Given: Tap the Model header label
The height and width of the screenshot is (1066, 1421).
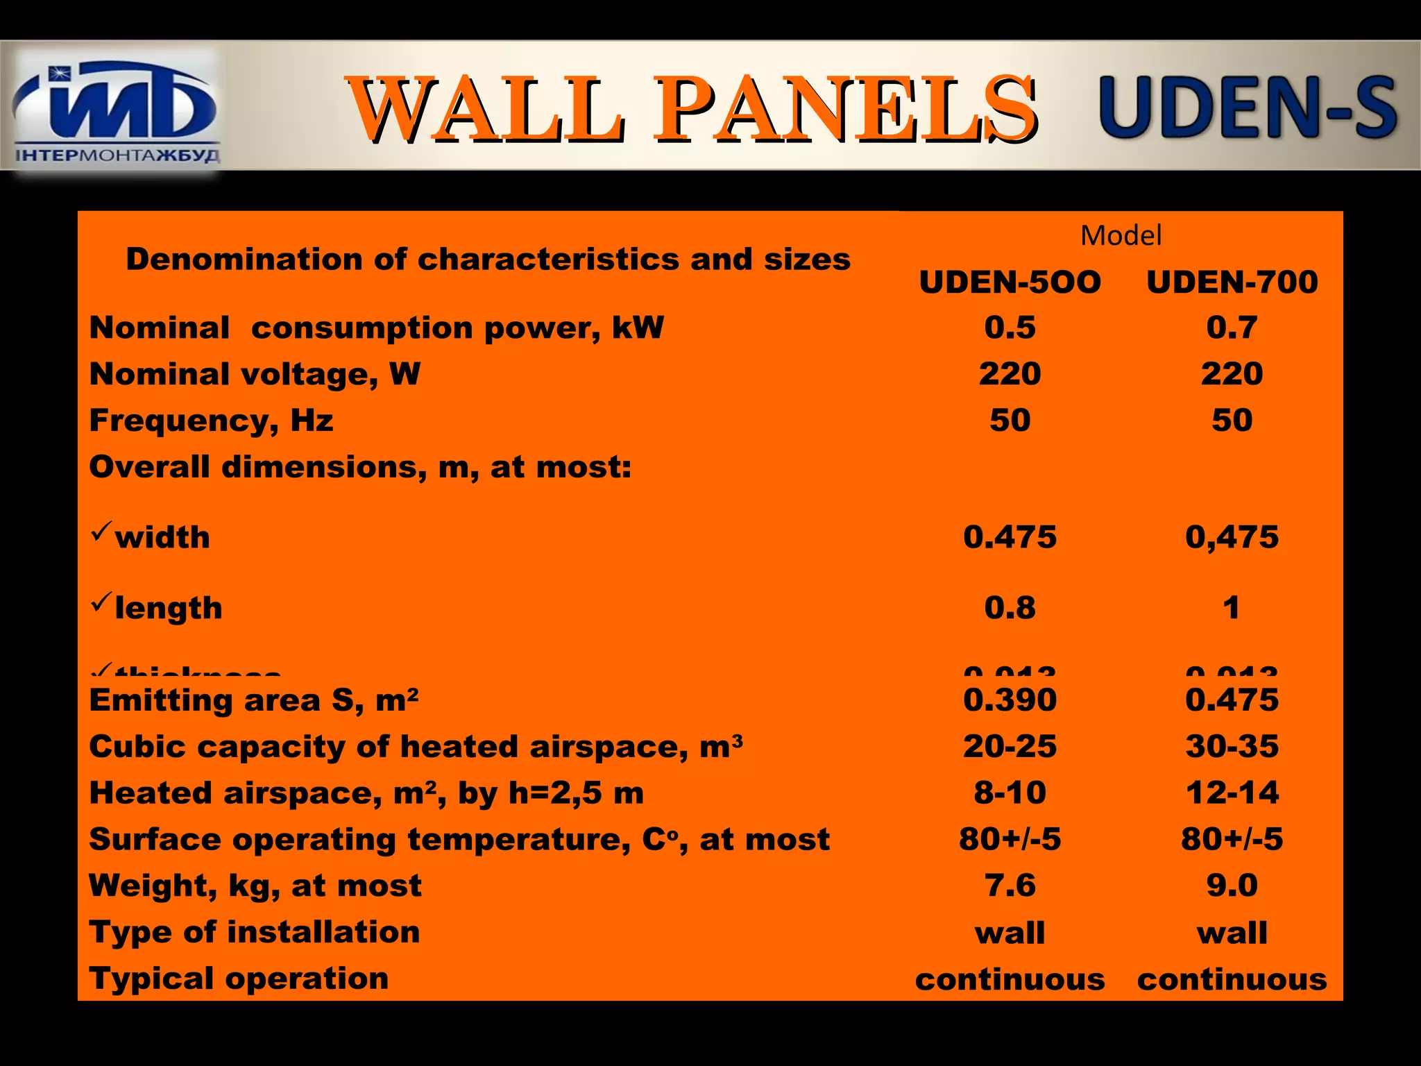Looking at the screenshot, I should [1121, 236].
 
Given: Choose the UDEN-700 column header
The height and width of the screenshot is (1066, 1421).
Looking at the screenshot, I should [1232, 282].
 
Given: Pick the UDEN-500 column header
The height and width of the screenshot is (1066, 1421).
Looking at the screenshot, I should [1010, 282].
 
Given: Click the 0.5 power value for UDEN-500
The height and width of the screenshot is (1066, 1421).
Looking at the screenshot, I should [1010, 327].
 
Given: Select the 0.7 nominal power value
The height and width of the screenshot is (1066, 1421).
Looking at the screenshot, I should [1232, 327].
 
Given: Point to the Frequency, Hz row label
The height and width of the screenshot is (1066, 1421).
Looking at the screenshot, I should [211, 421].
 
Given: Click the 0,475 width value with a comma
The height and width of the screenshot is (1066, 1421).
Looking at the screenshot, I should [1232, 537].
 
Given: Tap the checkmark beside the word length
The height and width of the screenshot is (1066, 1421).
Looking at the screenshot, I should [101, 602].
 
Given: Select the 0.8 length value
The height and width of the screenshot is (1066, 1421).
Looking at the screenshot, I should [1010, 608].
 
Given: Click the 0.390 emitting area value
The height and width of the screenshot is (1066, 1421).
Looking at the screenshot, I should [1010, 700].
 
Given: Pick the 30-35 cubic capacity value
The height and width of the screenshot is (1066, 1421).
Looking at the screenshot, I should [1232, 746].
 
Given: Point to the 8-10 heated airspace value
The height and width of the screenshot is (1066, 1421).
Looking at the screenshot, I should [1010, 793].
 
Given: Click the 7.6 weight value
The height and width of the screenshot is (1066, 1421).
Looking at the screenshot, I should [1010, 886].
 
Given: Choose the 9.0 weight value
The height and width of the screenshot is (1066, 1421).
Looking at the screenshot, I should [1232, 886].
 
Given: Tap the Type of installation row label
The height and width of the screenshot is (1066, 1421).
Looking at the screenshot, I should [255, 932].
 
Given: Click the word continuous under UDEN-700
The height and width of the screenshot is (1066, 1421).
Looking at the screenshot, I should [1232, 979].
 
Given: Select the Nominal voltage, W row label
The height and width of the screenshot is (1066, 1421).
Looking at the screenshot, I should [255, 374].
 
